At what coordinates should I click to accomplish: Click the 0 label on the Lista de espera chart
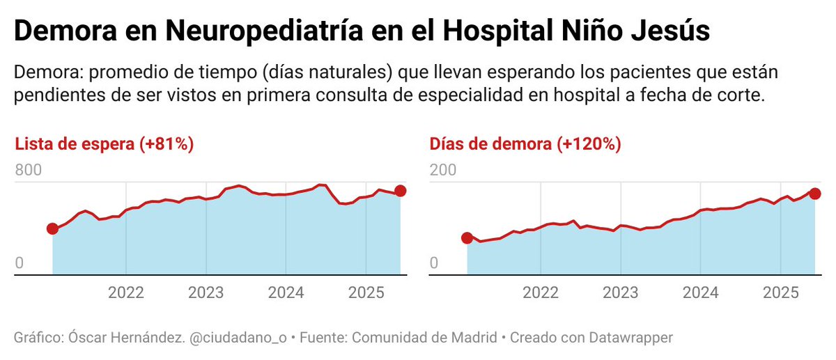[x=20, y=263]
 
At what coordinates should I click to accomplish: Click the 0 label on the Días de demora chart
[x=434, y=263]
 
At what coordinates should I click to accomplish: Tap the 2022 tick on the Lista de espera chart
[x=126, y=292]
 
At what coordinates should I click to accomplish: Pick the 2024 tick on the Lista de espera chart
[x=286, y=292]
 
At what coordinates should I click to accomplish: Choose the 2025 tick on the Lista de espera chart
[x=365, y=292]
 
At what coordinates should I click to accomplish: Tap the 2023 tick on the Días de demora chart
[x=620, y=292]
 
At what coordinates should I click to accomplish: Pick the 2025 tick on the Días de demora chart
[x=780, y=292]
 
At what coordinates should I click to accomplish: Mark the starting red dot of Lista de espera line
[x=52, y=229]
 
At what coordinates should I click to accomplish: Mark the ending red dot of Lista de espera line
[x=400, y=191]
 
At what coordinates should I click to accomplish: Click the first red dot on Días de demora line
[x=467, y=238]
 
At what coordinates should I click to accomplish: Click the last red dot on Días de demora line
[x=814, y=194]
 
